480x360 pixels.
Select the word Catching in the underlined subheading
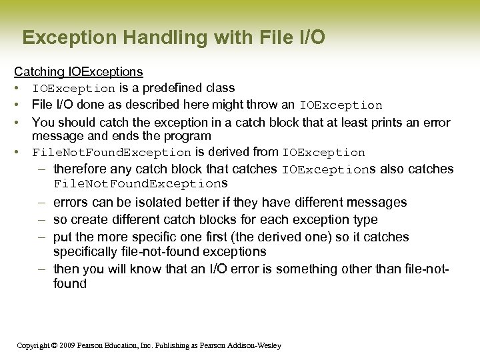click(x=39, y=71)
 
